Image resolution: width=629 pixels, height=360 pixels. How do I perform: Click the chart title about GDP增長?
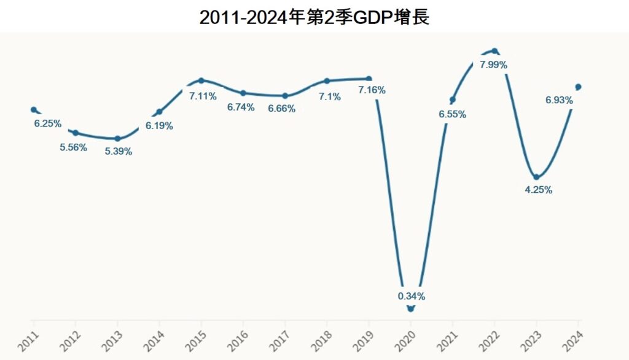pos(314,17)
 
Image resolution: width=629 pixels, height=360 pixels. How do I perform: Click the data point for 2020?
pos(411,308)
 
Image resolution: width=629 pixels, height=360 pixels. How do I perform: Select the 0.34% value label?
pos(412,296)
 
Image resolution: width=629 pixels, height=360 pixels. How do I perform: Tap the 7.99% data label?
pos(493,65)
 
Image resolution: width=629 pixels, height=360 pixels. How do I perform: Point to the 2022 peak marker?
pos(494,51)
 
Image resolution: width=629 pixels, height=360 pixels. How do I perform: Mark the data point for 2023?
pos(536,177)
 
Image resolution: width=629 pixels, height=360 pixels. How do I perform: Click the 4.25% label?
pos(538,190)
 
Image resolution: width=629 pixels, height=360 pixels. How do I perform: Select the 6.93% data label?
pos(559,100)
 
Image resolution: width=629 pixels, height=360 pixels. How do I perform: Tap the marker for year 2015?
pos(201,80)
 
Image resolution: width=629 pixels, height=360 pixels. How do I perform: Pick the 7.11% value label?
pos(203,96)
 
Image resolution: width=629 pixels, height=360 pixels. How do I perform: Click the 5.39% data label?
pos(119,152)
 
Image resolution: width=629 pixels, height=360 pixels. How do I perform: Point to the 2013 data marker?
pos(117,139)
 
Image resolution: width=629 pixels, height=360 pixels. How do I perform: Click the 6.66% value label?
pos(282,109)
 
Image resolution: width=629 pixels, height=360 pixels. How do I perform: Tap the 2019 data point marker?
pos(369,79)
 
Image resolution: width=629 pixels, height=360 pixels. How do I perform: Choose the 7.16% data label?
pos(372,90)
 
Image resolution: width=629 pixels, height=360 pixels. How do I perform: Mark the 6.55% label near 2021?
pos(453,114)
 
